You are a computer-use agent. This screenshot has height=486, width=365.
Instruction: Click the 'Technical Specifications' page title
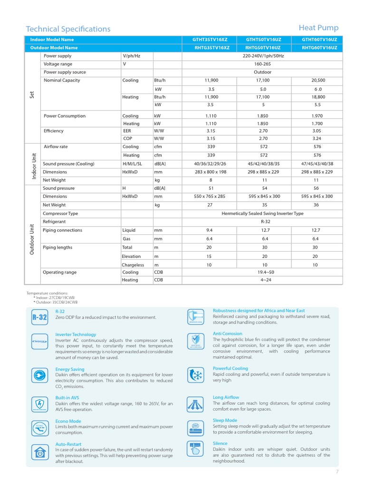pyautogui.click(x=68, y=29)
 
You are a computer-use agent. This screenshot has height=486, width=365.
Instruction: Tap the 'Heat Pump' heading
pyautogui.click(x=318, y=28)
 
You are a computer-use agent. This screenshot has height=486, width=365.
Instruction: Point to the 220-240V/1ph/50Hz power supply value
pyautogui.click(x=262, y=56)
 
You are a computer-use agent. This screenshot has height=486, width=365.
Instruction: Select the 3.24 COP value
pyautogui.click(x=317, y=139)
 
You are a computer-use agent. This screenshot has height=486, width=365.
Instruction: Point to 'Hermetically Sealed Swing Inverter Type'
pyautogui.click(x=262, y=214)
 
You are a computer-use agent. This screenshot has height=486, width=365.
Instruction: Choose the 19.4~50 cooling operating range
pyautogui.click(x=262, y=272)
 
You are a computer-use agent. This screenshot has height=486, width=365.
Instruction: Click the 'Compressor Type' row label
pyautogui.click(x=60, y=214)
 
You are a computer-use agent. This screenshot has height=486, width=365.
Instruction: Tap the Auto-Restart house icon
pyautogui.click(x=40, y=451)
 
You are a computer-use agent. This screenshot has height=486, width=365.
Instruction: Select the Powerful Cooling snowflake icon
pyautogui.click(x=195, y=374)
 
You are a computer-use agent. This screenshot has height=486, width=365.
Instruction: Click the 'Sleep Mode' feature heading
pyautogui.click(x=225, y=421)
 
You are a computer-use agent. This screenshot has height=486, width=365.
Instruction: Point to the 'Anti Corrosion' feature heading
pyautogui.click(x=227, y=334)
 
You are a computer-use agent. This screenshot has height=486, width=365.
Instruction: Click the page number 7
pyautogui.click(x=337, y=472)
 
